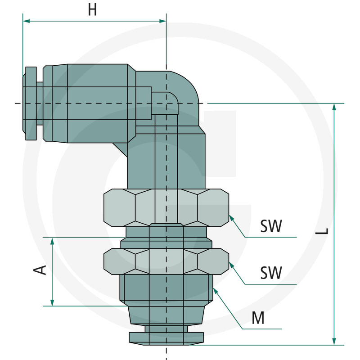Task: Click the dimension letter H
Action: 92,10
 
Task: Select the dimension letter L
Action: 322,231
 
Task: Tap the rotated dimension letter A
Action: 40,270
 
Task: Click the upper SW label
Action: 271,227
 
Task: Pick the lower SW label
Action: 271,273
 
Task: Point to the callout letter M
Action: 258,318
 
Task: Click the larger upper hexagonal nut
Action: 166,207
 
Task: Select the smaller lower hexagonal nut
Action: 166,261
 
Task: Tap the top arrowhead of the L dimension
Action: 334,107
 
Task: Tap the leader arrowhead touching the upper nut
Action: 232,217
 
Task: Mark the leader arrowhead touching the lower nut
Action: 232,265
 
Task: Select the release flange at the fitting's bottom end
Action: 166,337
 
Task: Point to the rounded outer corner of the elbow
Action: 191,83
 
